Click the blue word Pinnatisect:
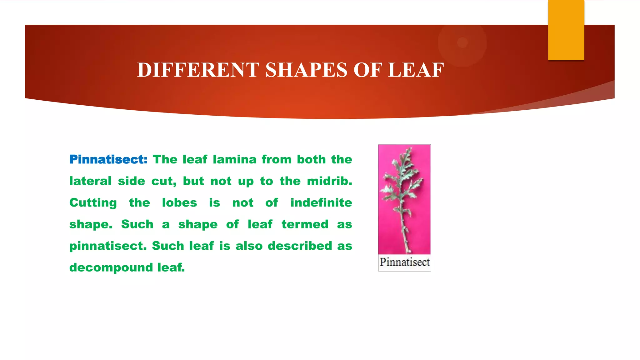(108, 159)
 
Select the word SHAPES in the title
(306, 70)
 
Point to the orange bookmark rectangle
(566, 30)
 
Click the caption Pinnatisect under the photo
(405, 262)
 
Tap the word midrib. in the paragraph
(329, 181)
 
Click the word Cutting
(93, 203)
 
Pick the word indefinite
(321, 202)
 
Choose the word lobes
(179, 202)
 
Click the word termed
(305, 224)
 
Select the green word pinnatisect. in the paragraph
(108, 246)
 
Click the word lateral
(90, 181)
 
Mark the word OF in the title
(367, 70)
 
